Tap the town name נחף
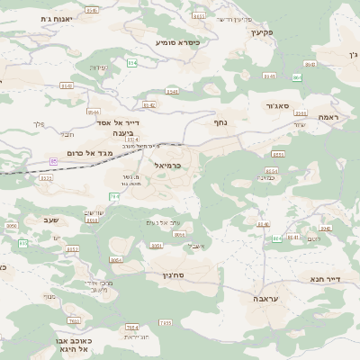click(x=220, y=121)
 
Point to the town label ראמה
click(x=328, y=117)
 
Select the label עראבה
click(x=265, y=298)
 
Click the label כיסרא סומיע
click(x=177, y=42)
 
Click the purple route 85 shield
click(x=53, y=161)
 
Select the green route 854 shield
click(x=130, y=63)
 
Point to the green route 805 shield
click(x=22, y=243)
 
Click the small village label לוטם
click(x=312, y=239)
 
